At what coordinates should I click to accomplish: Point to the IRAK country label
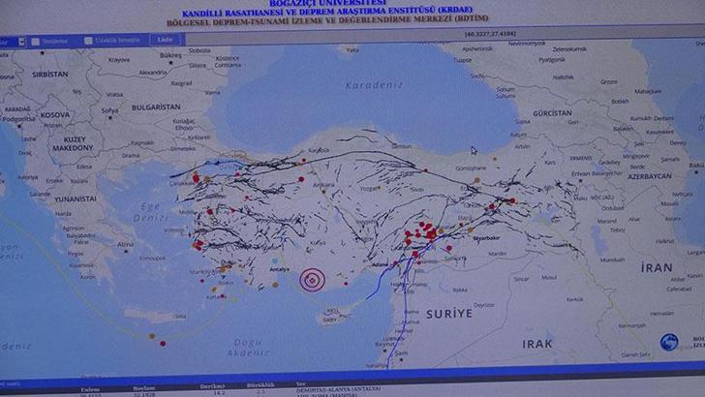pos(537,344)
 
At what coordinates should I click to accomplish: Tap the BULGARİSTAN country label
pos(156,107)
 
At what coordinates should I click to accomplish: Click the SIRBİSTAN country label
pos(50,74)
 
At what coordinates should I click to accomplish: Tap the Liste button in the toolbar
pos(165,41)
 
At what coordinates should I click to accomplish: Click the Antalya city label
pos(279,270)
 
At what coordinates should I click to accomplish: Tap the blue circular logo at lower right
pos(670,342)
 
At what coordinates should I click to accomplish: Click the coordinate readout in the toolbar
pos(497,34)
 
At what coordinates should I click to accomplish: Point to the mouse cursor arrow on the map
pos(474,150)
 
